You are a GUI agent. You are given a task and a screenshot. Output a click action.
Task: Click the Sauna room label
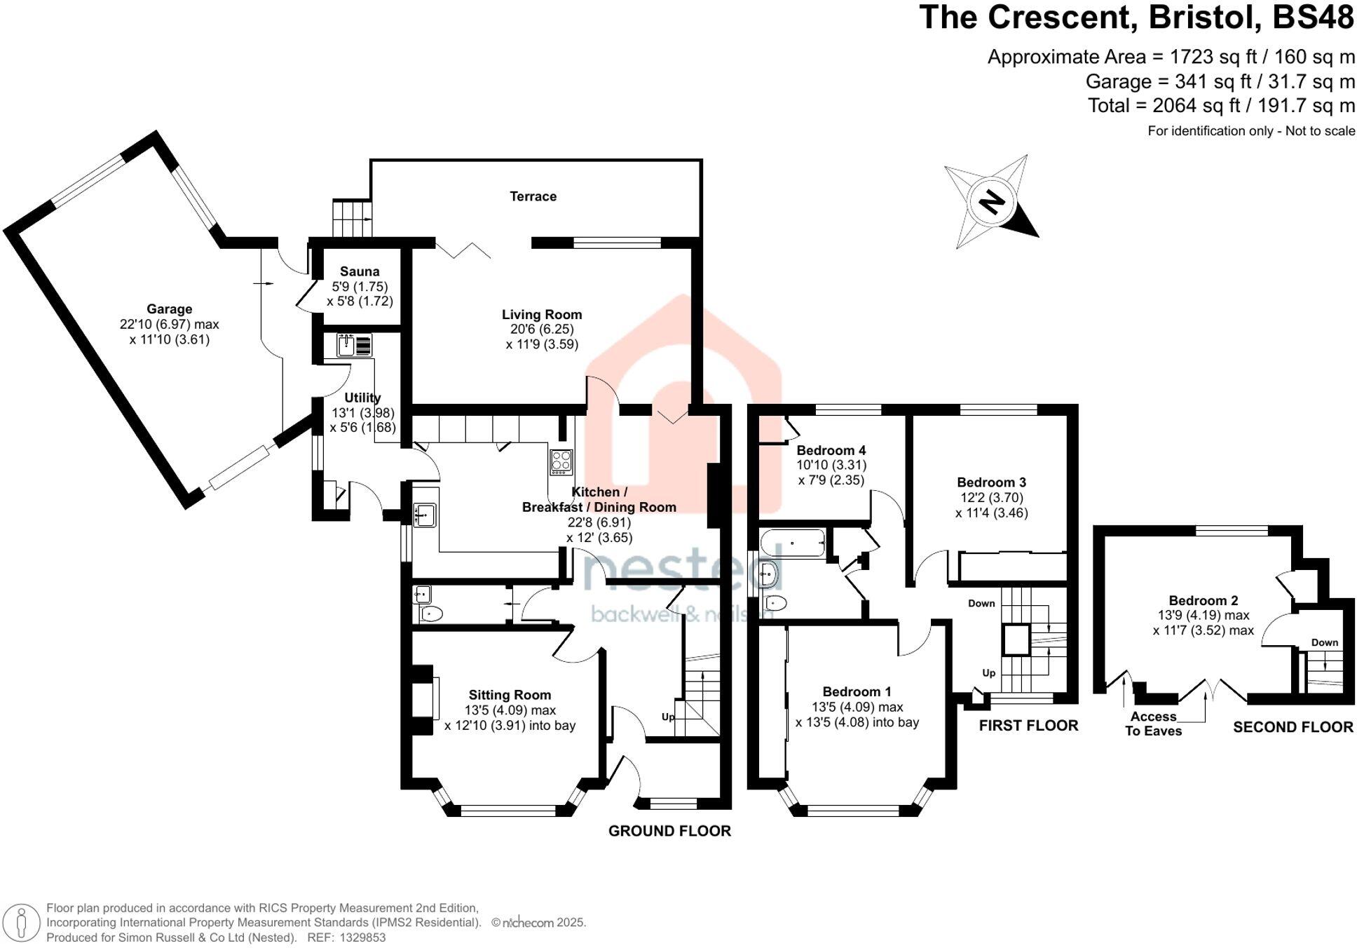[x=360, y=271]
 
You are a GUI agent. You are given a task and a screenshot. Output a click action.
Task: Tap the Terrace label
[x=533, y=196]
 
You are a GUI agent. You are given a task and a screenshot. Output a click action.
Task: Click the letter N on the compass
[x=992, y=203]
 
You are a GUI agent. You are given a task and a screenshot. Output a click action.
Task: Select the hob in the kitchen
[x=561, y=461]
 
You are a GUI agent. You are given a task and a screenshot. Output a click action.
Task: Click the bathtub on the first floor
[x=793, y=543]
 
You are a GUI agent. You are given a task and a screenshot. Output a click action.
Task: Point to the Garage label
[x=169, y=309]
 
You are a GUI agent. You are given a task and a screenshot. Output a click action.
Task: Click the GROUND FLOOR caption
[x=669, y=831]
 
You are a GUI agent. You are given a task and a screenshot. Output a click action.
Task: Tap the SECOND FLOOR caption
[x=1293, y=727]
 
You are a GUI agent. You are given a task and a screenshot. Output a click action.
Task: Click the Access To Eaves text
[x=1153, y=724]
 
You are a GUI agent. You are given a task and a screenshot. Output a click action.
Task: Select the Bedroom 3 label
[x=991, y=482]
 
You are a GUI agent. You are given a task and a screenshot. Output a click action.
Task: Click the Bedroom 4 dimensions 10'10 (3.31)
[x=831, y=465]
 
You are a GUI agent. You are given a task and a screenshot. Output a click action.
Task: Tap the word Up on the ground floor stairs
[x=668, y=717]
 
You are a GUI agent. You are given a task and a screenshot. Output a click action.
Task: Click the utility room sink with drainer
[x=355, y=346]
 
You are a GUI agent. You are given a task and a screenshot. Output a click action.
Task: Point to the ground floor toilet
[x=432, y=614]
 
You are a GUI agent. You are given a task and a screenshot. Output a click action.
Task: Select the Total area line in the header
[x=1220, y=106]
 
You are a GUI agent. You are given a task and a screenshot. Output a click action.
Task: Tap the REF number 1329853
[x=362, y=937]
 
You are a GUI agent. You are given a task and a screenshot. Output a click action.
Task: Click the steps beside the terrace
[x=351, y=219]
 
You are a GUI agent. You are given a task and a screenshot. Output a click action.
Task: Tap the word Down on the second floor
[x=1324, y=642]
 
